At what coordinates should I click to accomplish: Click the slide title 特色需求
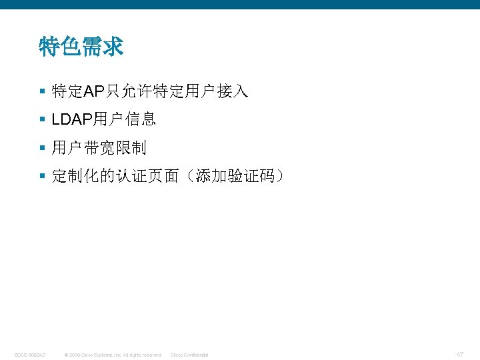point(81,47)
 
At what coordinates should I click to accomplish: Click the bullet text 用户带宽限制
point(99,148)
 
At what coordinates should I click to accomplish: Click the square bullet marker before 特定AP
point(42,92)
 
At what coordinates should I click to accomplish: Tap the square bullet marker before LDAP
point(42,120)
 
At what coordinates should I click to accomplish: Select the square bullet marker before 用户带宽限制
point(42,148)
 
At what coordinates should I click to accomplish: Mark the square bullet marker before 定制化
point(42,176)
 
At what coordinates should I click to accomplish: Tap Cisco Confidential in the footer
point(189,355)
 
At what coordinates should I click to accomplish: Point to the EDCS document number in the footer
point(29,355)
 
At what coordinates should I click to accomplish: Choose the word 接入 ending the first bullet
point(235,92)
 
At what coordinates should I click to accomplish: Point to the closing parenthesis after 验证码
point(281,176)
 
